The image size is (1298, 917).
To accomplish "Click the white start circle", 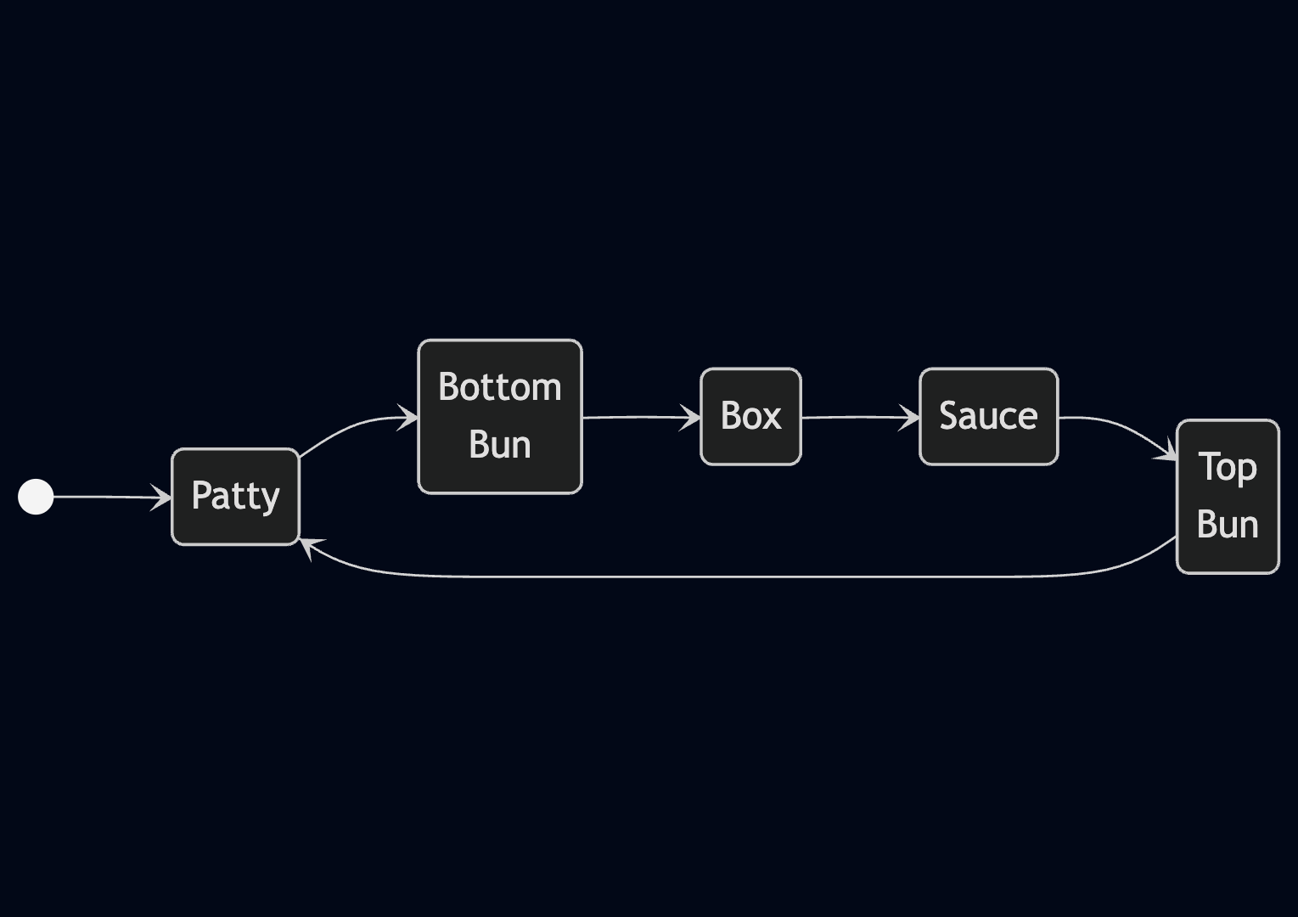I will click(36, 497).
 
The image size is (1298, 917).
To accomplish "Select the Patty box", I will click(235, 497).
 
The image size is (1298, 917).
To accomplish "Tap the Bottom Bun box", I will click(499, 416).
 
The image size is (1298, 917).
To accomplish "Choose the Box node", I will click(750, 416).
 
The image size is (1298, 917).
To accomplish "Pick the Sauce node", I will click(988, 416).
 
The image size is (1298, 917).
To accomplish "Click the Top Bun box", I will click(1228, 497).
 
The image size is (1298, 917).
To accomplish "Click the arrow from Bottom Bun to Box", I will click(637, 417).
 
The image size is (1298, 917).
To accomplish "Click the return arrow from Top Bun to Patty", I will click(739, 577).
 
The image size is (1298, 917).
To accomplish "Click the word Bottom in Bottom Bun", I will click(499, 387).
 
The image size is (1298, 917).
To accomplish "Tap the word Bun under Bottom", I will click(499, 445).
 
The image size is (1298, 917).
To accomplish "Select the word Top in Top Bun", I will click(1228, 467).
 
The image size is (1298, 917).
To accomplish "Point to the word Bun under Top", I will click(1228, 525).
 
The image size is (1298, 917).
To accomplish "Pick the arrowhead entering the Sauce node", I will click(911, 418).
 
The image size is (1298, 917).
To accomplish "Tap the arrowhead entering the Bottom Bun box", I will click(409, 418).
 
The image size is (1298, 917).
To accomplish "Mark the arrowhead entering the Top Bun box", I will click(1168, 453).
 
